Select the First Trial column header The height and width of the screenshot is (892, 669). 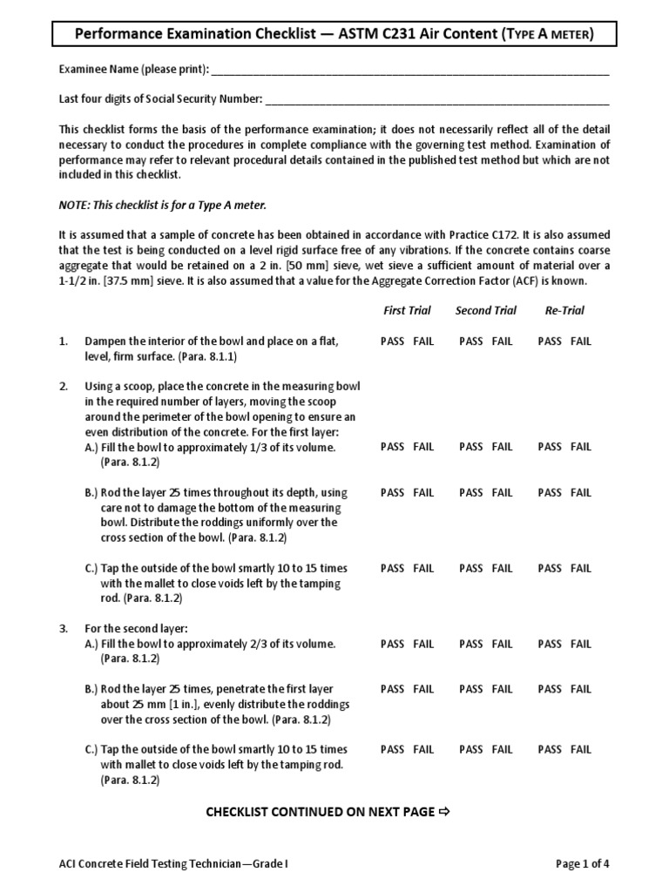click(x=406, y=310)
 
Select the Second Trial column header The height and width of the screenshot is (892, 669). click(x=485, y=310)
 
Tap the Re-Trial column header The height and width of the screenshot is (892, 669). click(x=564, y=310)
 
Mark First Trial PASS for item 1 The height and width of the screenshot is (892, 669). click(x=392, y=341)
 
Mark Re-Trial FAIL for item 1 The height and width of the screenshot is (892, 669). click(x=581, y=341)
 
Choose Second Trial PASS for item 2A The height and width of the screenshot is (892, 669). click(x=470, y=447)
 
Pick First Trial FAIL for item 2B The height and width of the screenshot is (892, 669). click(x=423, y=493)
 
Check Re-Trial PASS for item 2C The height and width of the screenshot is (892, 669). click(x=550, y=569)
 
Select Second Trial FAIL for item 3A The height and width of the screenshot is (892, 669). click(x=503, y=645)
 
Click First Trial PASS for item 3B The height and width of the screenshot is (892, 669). click(x=392, y=690)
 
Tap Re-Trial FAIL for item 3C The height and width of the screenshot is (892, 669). click(x=581, y=749)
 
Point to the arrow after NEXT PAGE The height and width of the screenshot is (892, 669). click(x=443, y=812)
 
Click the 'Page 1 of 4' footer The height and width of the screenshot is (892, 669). click(x=583, y=864)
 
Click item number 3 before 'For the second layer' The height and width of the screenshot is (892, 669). click(x=63, y=629)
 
